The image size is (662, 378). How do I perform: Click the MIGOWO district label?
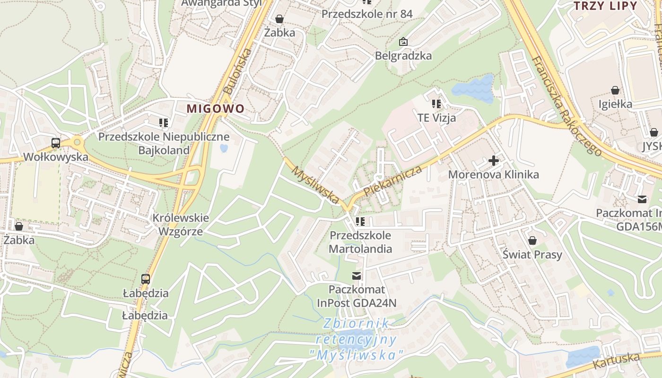[216, 109]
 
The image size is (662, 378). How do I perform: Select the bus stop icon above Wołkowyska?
[55, 143]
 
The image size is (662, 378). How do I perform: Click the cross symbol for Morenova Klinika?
[493, 161]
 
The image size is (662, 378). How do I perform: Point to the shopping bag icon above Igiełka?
[615, 90]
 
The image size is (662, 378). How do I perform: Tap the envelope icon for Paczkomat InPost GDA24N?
[357, 275]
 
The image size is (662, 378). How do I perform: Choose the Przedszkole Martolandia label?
[360, 242]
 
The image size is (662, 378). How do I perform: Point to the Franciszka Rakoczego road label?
[566, 106]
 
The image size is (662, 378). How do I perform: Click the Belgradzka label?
[403, 56]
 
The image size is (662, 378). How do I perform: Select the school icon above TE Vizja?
[436, 103]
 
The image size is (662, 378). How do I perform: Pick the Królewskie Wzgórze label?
[180, 225]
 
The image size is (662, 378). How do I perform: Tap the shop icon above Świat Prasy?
[532, 241]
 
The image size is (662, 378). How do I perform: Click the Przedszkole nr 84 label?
[367, 14]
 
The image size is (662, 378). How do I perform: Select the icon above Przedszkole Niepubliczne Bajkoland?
[164, 123]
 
